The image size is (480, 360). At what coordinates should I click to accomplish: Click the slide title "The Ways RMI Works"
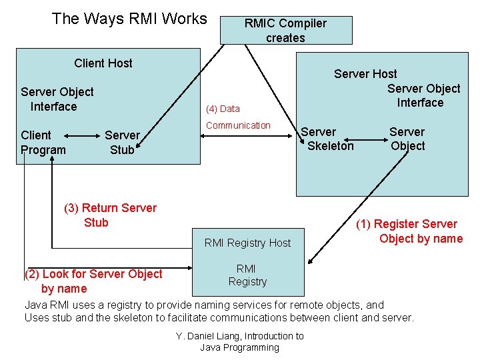point(129,19)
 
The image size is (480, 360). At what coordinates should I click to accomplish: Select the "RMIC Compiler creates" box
point(285,31)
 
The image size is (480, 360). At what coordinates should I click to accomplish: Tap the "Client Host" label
point(103,63)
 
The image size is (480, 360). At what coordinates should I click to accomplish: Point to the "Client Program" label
point(43,143)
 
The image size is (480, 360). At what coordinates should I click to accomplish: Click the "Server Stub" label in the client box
point(122,143)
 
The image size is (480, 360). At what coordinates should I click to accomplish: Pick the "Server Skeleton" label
point(328,139)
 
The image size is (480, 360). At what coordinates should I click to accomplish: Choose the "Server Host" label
point(365,74)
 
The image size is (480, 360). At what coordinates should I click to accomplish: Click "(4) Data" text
point(223,109)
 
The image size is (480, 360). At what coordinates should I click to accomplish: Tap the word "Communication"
point(238,125)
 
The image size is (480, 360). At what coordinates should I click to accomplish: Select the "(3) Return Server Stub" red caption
point(110,215)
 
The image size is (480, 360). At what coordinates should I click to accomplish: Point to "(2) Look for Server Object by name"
point(93,281)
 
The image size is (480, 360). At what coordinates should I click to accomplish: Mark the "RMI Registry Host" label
point(247,243)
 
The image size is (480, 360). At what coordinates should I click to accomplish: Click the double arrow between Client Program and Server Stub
point(85,143)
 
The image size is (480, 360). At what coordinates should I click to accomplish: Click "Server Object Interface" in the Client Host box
point(57,99)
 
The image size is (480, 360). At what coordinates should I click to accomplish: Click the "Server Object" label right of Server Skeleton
point(407,139)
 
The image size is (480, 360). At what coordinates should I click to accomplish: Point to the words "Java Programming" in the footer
point(240,347)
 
